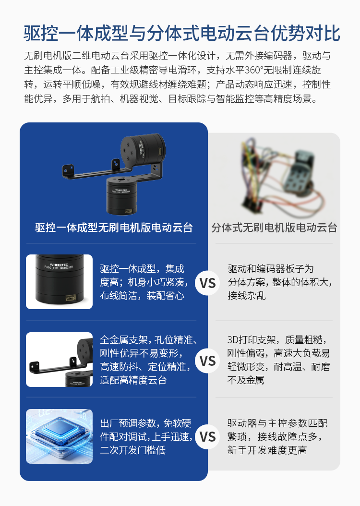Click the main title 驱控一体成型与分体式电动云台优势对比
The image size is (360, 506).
click(x=182, y=33)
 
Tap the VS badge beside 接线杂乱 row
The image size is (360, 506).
click(x=207, y=283)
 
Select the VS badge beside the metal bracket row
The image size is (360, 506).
click(x=207, y=361)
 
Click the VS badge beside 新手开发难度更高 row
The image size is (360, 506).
click(x=207, y=437)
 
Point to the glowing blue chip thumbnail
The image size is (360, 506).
click(x=60, y=436)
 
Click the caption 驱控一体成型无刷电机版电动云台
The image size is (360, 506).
click(x=114, y=228)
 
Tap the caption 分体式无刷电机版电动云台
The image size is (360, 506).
click(x=274, y=228)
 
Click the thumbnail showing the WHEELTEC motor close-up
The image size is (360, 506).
click(x=60, y=282)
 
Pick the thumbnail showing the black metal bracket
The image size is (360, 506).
click(x=60, y=360)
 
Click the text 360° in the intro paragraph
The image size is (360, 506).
click(x=254, y=70)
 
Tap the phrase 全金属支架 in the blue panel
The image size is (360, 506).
click(x=124, y=340)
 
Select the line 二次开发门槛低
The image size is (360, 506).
click(x=133, y=450)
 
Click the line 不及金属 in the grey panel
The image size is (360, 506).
click(x=246, y=380)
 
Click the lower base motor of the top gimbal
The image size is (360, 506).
click(x=121, y=195)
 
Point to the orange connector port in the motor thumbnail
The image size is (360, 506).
click(x=71, y=298)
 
